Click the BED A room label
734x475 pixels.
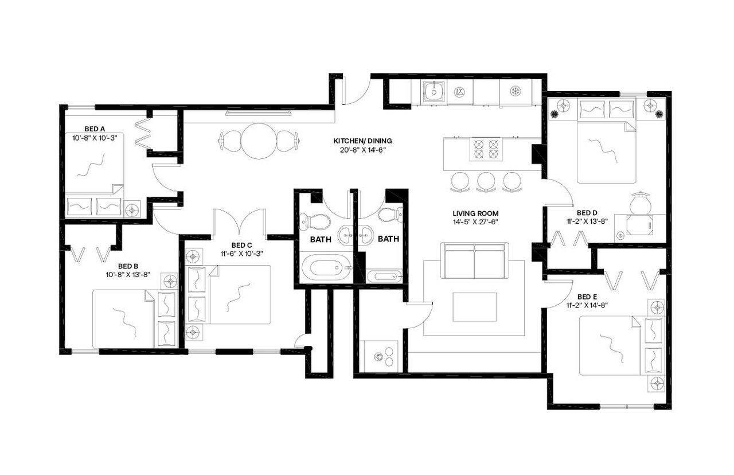click(94, 129)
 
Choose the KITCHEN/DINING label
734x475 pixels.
click(362, 141)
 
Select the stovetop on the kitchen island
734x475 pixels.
click(486, 149)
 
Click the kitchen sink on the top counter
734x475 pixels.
click(434, 90)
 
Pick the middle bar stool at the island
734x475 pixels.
click(486, 182)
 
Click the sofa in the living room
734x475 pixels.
click(474, 260)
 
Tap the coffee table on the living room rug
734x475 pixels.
click(474, 307)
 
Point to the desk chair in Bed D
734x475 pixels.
click(639, 203)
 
